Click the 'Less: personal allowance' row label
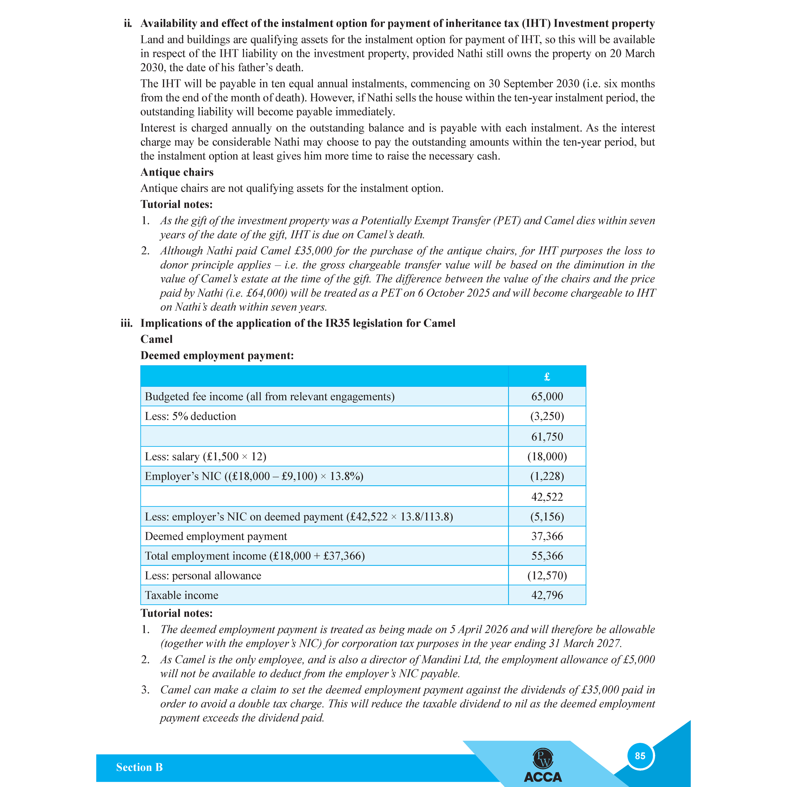point(203,575)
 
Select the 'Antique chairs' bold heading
point(177,172)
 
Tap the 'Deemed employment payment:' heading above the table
point(217,356)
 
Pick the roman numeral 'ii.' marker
point(128,24)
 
